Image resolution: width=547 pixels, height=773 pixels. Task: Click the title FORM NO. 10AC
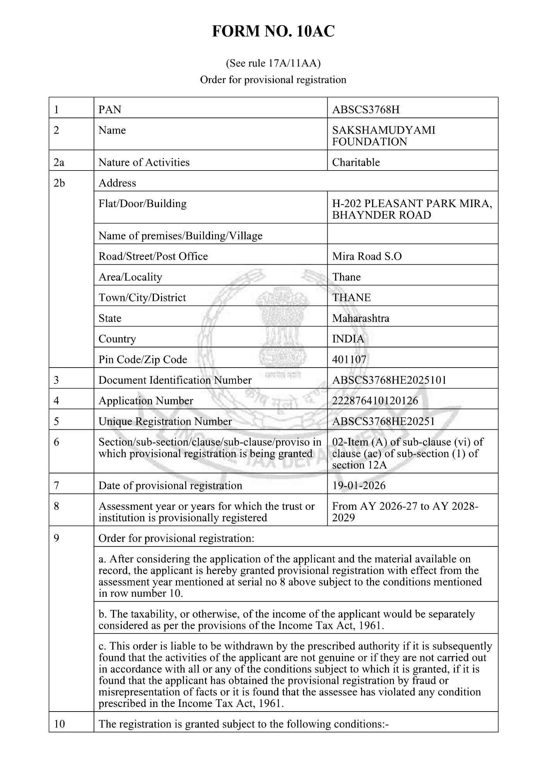coord(273,31)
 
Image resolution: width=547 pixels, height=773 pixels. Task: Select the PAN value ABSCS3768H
coord(366,110)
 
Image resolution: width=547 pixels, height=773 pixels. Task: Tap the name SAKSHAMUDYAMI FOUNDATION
coord(383,136)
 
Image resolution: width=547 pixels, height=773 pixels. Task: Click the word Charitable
coord(356,162)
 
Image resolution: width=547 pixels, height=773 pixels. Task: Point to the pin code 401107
coord(349,359)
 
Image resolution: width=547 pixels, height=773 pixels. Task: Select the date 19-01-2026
coord(359,485)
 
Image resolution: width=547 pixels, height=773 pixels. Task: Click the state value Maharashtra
coord(361,318)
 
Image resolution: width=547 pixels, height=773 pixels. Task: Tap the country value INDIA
coord(348,339)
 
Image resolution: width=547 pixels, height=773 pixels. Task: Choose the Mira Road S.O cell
coord(367,256)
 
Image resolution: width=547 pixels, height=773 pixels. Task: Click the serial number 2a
coord(59,162)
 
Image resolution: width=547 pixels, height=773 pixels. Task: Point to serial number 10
coord(60,724)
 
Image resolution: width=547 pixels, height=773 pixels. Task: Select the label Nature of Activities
coord(144,162)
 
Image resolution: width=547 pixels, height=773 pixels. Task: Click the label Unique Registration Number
coord(165,421)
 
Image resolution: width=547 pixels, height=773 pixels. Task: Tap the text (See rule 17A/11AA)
coord(273,63)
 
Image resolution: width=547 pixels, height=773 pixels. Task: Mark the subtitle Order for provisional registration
coord(273,80)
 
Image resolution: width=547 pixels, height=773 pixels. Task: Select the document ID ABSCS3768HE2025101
coord(389,380)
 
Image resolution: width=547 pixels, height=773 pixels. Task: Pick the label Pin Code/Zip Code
coord(143,359)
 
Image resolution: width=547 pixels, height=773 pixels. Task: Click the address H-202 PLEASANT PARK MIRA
coord(412,204)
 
